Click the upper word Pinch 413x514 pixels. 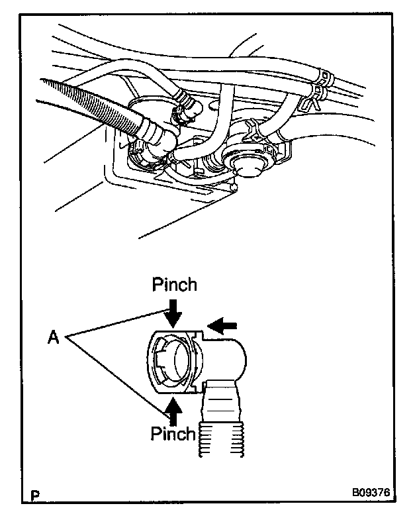[x=174, y=285]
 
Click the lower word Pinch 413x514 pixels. [x=173, y=435]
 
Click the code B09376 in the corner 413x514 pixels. [x=371, y=493]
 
